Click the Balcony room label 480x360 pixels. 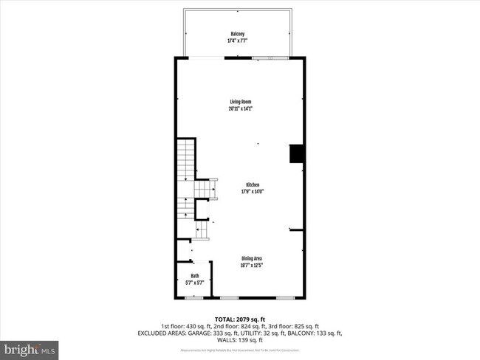coord(238,34)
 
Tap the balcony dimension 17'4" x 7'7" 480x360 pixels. coord(238,40)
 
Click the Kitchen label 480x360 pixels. coord(252,185)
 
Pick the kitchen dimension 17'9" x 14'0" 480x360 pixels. coord(252,192)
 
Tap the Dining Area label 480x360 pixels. coord(252,258)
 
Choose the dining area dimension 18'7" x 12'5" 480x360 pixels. coord(252,265)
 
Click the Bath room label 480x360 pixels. coord(195,275)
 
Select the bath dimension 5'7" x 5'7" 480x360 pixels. coord(195,282)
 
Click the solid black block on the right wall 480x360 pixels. coord(296,153)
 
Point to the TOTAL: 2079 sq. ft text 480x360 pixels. coord(240,319)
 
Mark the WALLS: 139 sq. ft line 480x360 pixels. coord(240,340)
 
